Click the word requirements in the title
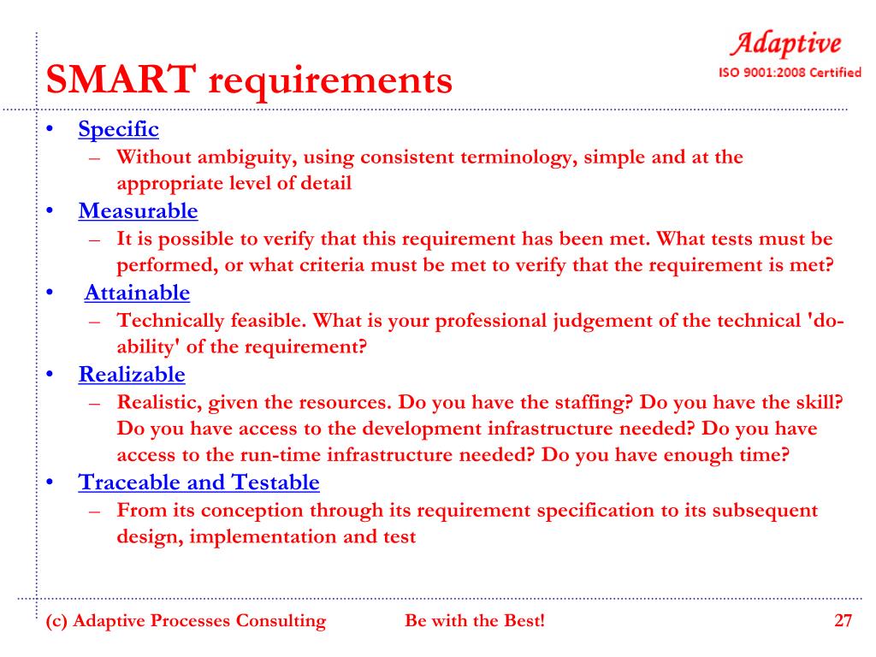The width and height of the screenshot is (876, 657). [330, 83]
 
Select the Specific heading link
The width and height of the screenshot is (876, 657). [118, 129]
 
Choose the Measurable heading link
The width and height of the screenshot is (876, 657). [138, 210]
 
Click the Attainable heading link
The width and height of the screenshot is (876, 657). [137, 293]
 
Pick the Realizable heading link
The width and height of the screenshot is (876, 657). [132, 374]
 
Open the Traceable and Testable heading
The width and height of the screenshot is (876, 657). [198, 482]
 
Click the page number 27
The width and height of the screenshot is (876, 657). [843, 621]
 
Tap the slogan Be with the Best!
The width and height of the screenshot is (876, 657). [474, 621]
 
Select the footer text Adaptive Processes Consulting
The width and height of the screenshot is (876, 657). [199, 621]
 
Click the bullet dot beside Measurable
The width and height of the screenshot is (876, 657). [50, 211]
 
